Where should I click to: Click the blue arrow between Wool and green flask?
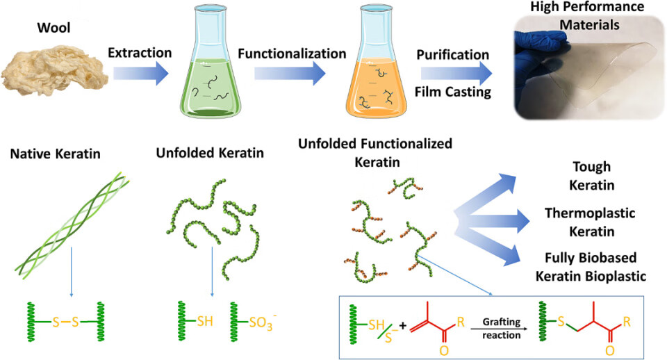(x=140, y=72)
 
